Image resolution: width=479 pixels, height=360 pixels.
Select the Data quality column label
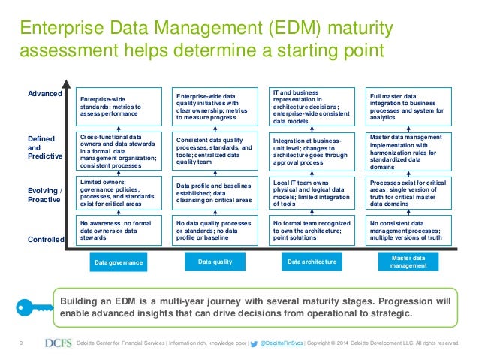(x=214, y=262)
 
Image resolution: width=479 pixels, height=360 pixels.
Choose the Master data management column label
(x=409, y=262)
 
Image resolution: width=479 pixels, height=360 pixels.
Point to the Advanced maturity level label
(x=44, y=94)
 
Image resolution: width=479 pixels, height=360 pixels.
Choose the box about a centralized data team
(x=214, y=150)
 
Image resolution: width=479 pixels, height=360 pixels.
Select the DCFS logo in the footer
(x=58, y=344)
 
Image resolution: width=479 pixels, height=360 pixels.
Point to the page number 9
(x=20, y=344)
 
